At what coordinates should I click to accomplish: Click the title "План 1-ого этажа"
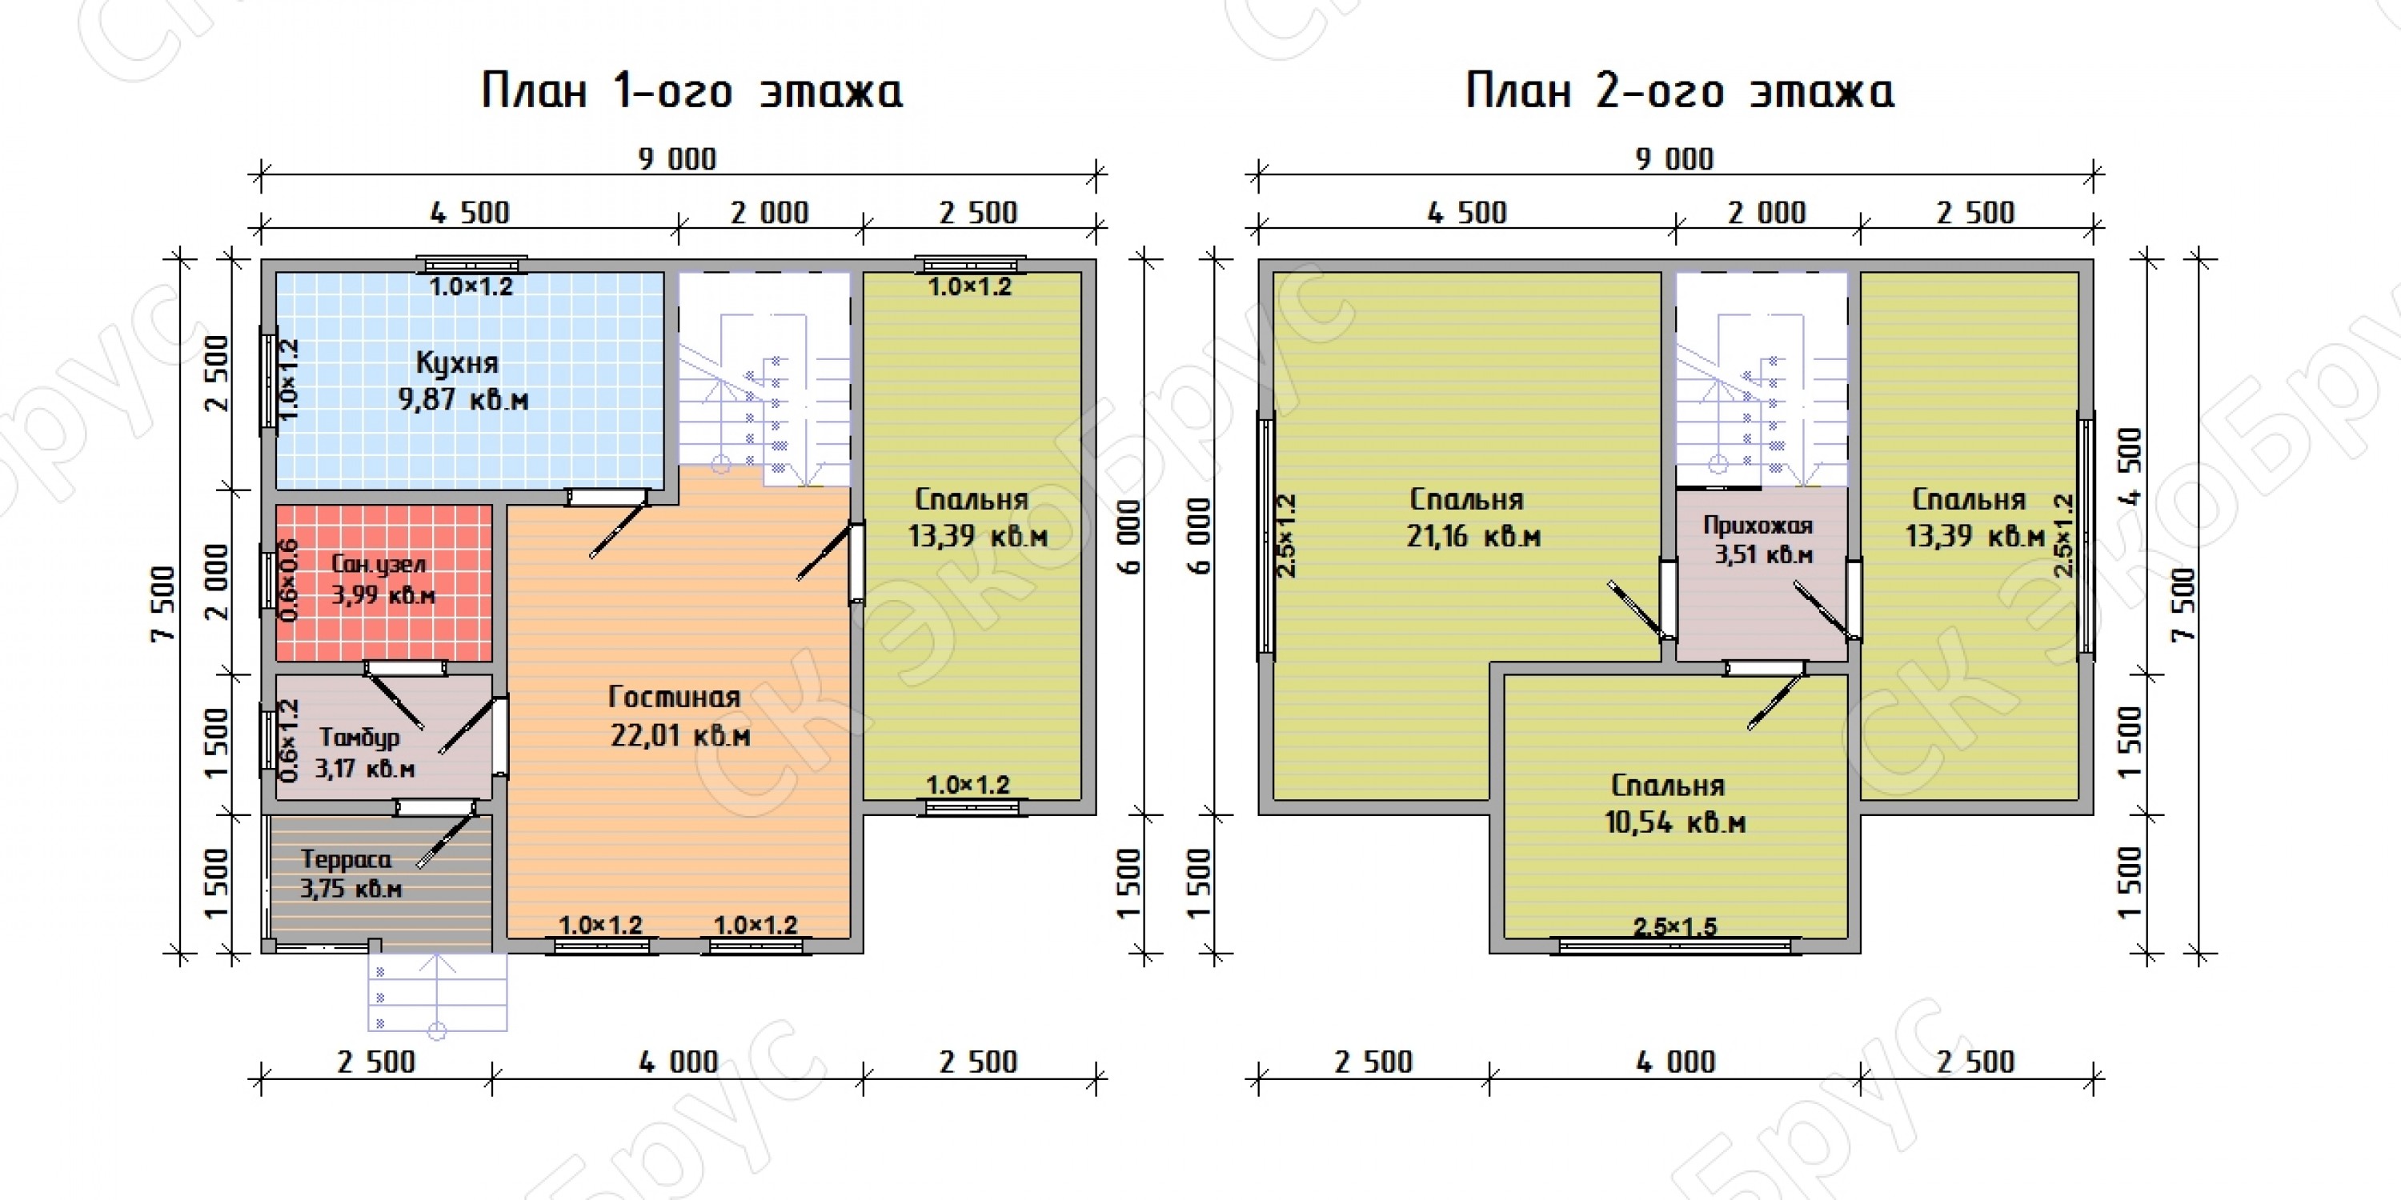coord(691,91)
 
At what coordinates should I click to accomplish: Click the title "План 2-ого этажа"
coord(1680,91)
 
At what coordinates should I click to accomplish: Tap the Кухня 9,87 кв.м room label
coord(463,381)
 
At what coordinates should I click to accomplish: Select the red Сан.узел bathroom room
coord(383,583)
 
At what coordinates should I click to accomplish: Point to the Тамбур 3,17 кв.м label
coord(363,753)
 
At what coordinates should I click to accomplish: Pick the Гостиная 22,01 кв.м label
coord(679,715)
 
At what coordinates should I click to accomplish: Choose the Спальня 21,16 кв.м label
coord(1473,517)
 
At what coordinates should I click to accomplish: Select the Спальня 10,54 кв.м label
coord(1674,803)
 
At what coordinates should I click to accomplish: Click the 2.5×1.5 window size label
coord(1675,927)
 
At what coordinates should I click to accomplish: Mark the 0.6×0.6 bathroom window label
coord(289,581)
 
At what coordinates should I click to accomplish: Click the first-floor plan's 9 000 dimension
coord(678,159)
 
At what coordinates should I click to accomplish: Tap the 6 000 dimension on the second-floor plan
coord(1200,537)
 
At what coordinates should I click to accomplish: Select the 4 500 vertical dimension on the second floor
coord(2130,466)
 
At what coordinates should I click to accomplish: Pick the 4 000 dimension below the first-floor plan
coord(679,1062)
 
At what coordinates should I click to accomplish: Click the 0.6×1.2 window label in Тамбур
coord(290,741)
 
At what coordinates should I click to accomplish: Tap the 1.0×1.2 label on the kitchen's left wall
coord(290,378)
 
